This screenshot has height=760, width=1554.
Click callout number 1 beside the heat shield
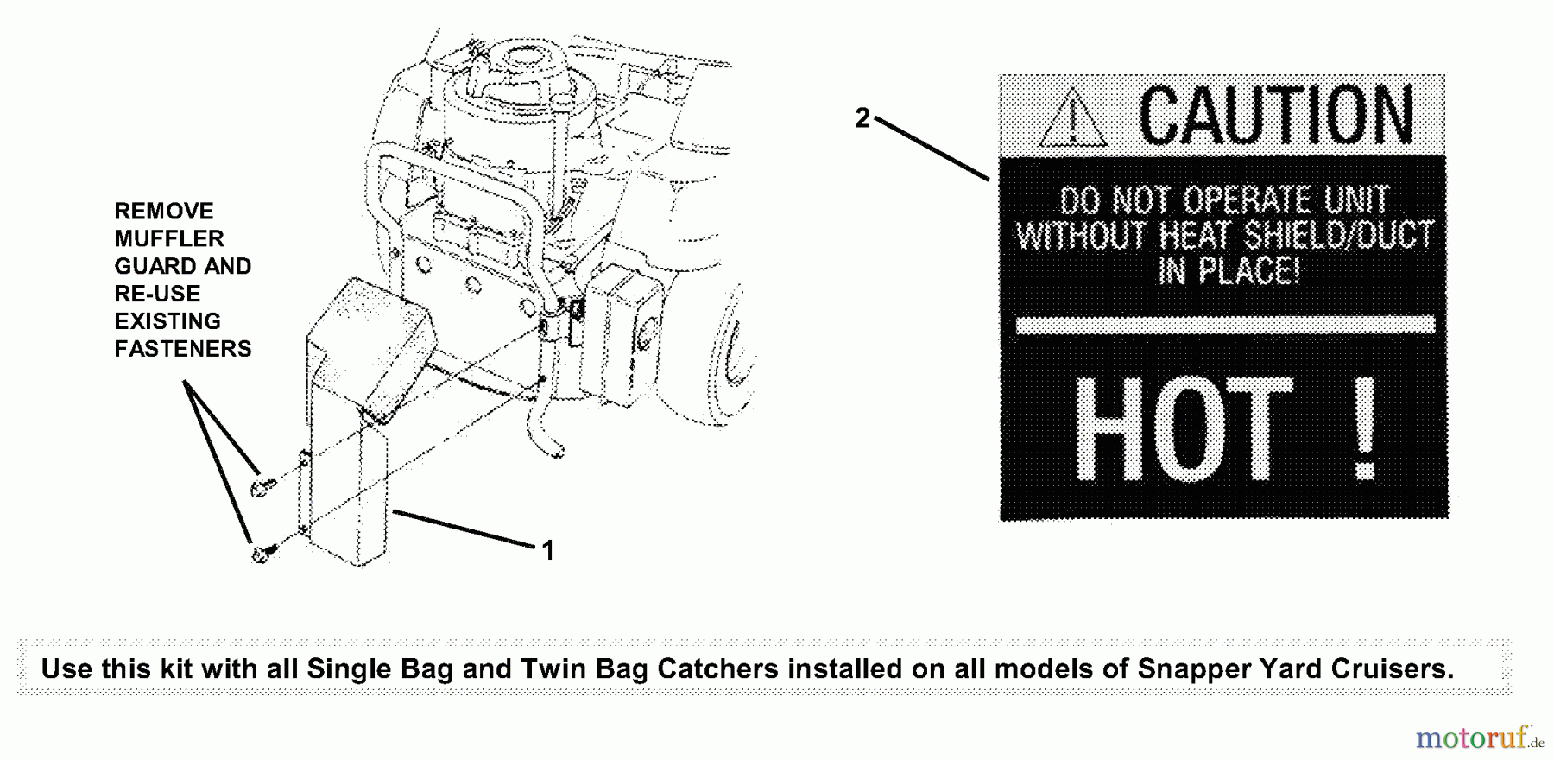pyautogui.click(x=547, y=550)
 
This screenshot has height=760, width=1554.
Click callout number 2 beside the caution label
pyautogui.click(x=862, y=118)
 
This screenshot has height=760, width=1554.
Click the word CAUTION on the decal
pyautogui.click(x=1276, y=115)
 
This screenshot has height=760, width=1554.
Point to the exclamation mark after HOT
pyautogui.click(x=1365, y=429)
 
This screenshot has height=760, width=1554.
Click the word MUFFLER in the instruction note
pyautogui.click(x=169, y=238)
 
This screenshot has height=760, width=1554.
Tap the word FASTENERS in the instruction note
pyautogui.click(x=183, y=349)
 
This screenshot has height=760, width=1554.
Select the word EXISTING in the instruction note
pyautogui.click(x=167, y=321)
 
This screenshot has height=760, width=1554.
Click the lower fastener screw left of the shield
pyautogui.click(x=262, y=553)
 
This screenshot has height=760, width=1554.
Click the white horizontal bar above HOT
pyautogui.click(x=1226, y=325)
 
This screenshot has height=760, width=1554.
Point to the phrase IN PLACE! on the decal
pyautogui.click(x=1227, y=271)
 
